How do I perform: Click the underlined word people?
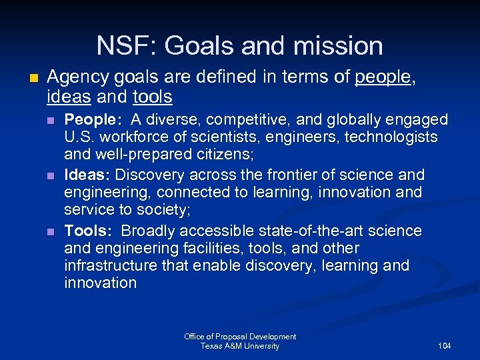pyautogui.click(x=384, y=78)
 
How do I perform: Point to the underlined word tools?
pyautogui.click(x=152, y=97)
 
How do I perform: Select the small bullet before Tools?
pyautogui.click(x=52, y=231)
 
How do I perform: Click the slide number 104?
pyautogui.click(x=445, y=346)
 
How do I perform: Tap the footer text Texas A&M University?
pyautogui.click(x=240, y=346)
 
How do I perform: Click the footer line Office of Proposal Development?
pyautogui.click(x=240, y=337)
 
